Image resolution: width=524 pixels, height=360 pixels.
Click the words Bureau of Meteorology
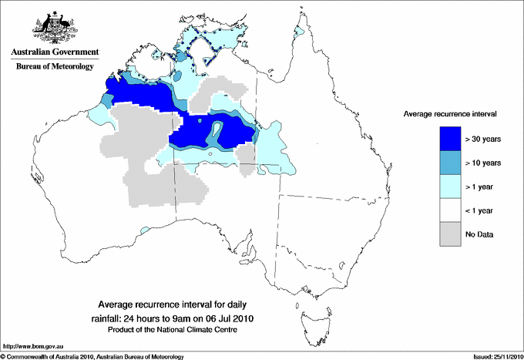coord(55,66)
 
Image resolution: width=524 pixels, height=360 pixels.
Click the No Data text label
coord(480,234)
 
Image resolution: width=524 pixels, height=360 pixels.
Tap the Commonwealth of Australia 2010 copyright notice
coord(92,356)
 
